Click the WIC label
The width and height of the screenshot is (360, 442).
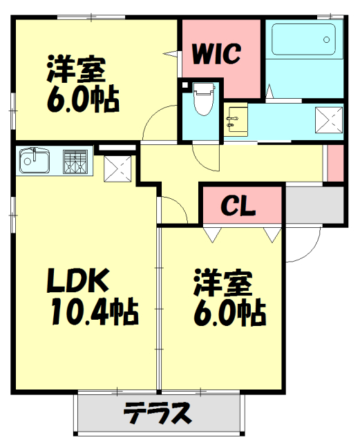point(216,53)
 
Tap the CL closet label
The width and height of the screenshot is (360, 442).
point(238,205)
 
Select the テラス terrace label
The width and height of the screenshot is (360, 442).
point(158,414)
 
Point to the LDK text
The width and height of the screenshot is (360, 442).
point(77,282)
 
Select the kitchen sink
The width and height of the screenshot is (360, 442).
point(33,162)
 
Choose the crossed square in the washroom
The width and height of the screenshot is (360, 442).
point(329,119)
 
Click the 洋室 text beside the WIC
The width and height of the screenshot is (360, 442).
point(76,70)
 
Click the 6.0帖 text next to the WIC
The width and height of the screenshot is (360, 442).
point(83,100)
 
